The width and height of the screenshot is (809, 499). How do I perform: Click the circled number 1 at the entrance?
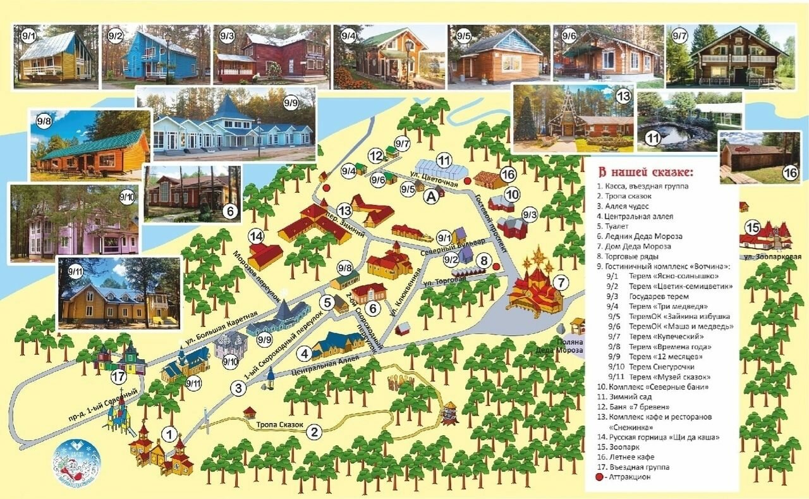169,434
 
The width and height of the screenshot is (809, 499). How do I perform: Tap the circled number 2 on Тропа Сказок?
314,433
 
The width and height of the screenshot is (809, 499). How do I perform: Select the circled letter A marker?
432,197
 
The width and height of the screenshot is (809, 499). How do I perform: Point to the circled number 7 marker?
560,282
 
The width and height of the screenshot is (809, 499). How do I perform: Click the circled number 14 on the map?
256,237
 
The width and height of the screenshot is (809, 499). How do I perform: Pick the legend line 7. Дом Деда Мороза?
634,247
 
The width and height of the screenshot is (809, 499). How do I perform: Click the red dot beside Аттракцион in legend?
601,477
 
